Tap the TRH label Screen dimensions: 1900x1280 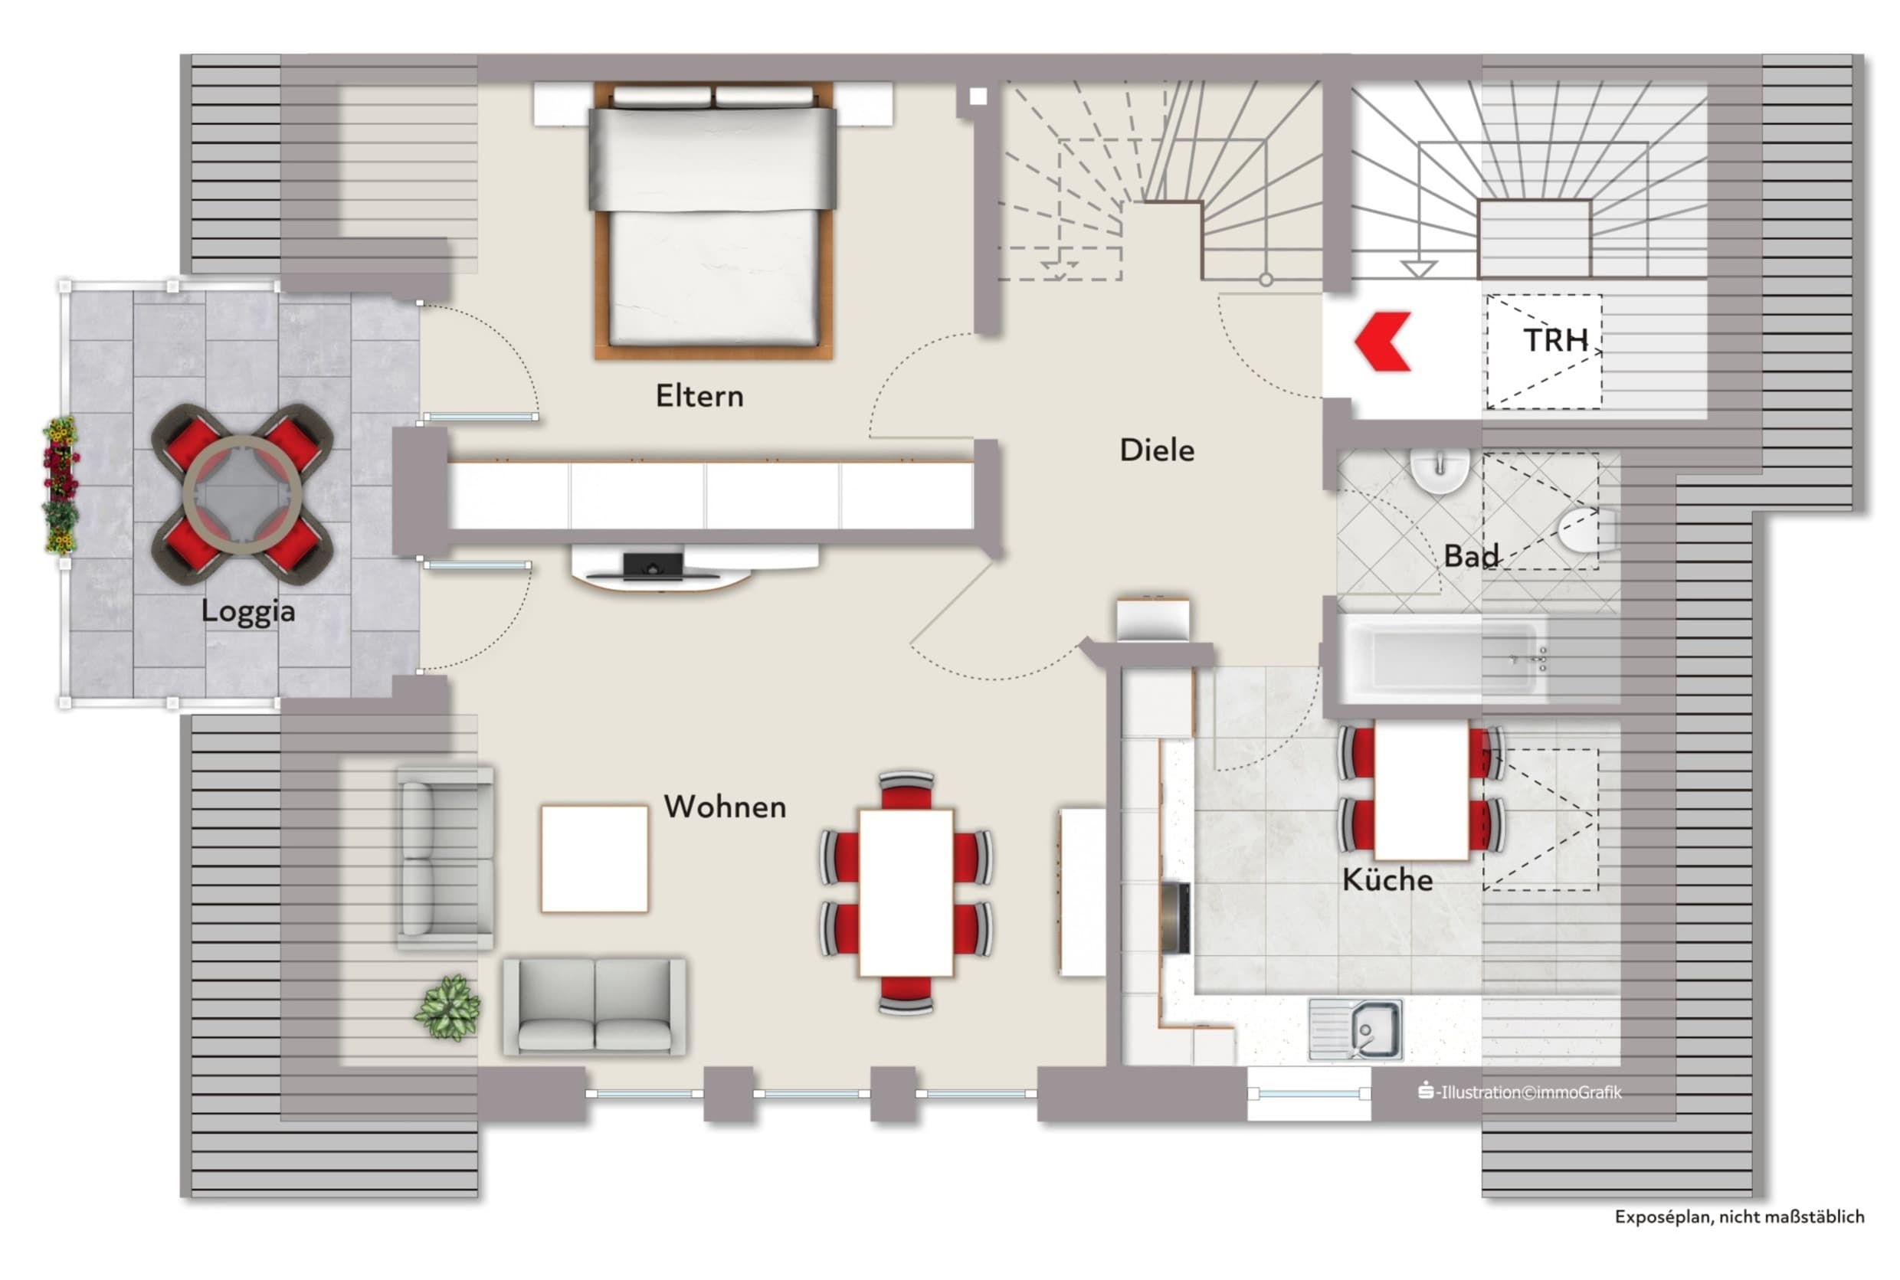click(x=1555, y=340)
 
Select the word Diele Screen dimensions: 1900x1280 click(x=1156, y=450)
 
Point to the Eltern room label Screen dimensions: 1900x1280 click(x=699, y=396)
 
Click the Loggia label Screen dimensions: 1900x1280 click(x=248, y=611)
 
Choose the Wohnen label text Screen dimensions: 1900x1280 click(x=725, y=807)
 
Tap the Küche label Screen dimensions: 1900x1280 click(x=1387, y=879)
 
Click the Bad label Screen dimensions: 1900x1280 click(x=1471, y=556)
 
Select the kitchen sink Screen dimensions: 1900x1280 click(x=1355, y=1030)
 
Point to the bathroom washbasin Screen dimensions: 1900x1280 click(x=1440, y=471)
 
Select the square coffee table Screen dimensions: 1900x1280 click(x=595, y=859)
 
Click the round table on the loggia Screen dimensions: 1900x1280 click(x=243, y=495)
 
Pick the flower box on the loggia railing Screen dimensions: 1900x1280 click(x=61, y=485)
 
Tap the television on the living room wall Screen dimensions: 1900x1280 click(x=654, y=566)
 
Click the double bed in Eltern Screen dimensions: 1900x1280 click(x=712, y=221)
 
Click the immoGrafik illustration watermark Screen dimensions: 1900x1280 click(x=1520, y=1092)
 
